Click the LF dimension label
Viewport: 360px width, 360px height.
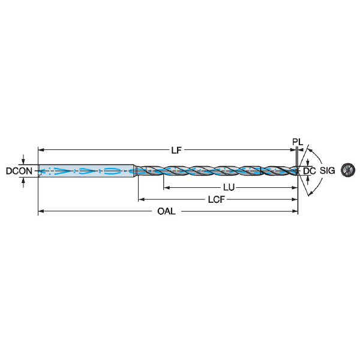point(176,151)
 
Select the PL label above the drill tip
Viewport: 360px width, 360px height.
point(298,142)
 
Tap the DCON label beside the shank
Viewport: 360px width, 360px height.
point(19,171)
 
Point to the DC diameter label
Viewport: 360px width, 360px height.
point(309,171)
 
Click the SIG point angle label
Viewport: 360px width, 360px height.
point(328,170)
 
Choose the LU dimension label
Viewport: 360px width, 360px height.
point(229,188)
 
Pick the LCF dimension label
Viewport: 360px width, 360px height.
point(216,200)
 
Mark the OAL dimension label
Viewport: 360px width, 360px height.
point(166,211)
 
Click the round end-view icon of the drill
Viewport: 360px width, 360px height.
point(348,170)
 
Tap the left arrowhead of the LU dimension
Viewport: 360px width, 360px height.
point(166,188)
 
